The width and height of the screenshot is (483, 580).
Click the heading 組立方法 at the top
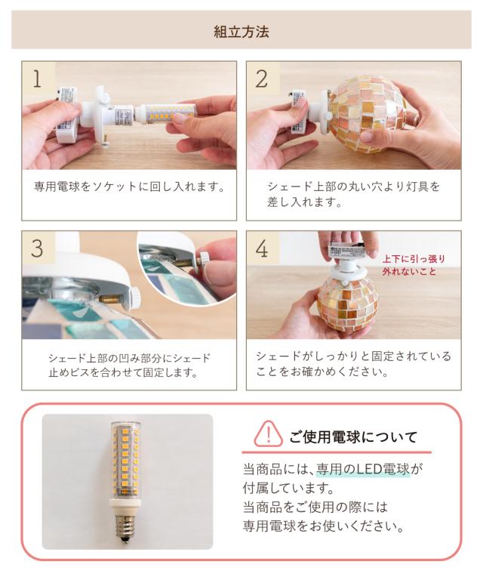241,32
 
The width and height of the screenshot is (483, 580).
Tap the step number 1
37,79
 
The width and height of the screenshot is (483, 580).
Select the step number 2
262,79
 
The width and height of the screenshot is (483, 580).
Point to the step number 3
37,248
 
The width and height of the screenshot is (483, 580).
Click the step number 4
262,248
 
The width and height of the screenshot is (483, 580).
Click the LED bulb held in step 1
165,113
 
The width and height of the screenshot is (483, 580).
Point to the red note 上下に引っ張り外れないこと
414,265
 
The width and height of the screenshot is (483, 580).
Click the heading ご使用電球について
353,437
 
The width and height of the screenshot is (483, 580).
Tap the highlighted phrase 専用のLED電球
363,469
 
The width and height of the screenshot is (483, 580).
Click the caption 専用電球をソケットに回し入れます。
129,187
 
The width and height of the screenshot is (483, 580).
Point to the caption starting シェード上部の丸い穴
354,194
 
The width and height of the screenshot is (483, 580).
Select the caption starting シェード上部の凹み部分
129,365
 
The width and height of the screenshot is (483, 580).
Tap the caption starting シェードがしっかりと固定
354,363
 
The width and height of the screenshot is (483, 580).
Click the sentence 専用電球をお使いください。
323,526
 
